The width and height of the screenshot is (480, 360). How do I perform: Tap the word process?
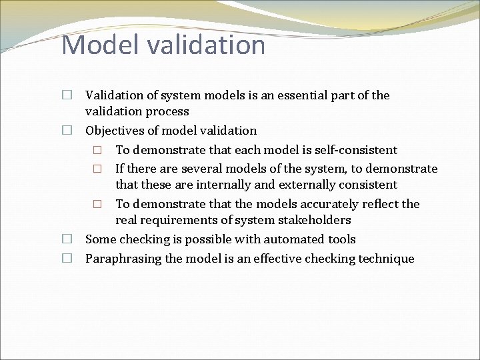coord(167,111)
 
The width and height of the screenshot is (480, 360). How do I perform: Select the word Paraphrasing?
coord(123,259)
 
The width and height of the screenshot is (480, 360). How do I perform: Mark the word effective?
coord(274,259)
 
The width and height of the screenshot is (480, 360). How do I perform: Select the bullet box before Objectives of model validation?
coord(67,131)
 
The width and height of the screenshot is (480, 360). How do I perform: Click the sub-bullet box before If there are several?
coord(97,169)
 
